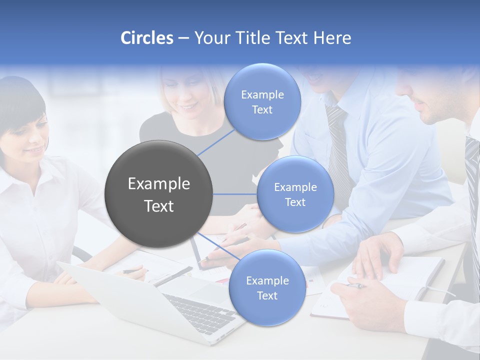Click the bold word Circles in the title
[147, 38]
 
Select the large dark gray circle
[159, 194]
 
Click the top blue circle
[262, 102]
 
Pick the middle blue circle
[295, 194]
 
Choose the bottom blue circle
[267, 288]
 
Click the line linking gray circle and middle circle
[235, 194]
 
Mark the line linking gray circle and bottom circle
[218, 245]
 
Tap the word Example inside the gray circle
[159, 183]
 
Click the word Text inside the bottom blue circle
[267, 295]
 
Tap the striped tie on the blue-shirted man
[338, 150]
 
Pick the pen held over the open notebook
[356, 285]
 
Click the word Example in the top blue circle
[262, 94]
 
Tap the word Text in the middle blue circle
[295, 202]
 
